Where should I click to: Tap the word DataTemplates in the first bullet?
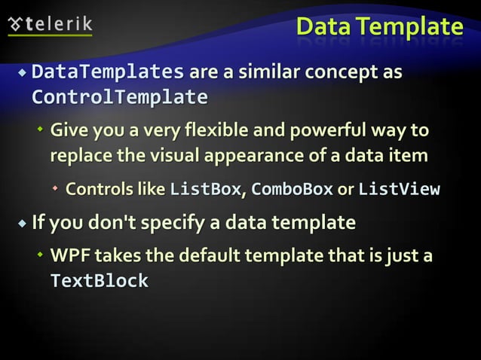pyautogui.click(x=108, y=73)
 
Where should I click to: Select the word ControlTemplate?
pyautogui.click(x=119, y=98)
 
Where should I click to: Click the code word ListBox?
pyautogui.click(x=205, y=189)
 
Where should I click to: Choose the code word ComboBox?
pyautogui.click(x=292, y=189)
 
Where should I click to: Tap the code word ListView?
pyautogui.click(x=399, y=189)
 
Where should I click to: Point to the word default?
pyautogui.click(x=204, y=256)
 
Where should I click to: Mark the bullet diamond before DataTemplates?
pyautogui.click(x=23, y=74)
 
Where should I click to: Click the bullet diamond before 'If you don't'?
pyautogui.click(x=23, y=224)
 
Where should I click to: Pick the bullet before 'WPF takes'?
pyautogui.click(x=41, y=257)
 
